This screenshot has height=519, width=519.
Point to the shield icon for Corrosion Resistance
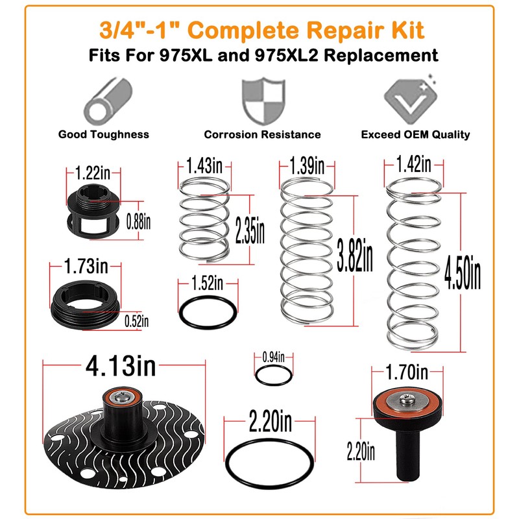pyautogui.click(x=262, y=101)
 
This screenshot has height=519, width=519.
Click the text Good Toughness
pyautogui.click(x=104, y=134)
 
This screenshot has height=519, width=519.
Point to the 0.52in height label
pyautogui.click(x=137, y=320)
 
